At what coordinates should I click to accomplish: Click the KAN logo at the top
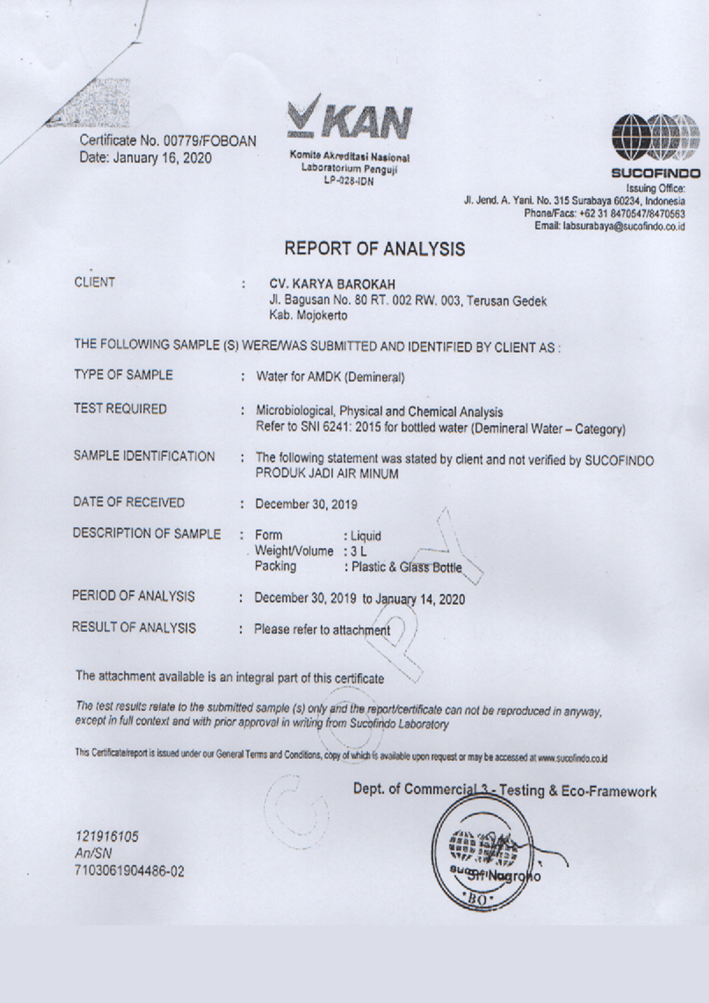point(349,118)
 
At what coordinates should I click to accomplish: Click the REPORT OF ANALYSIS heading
point(375,249)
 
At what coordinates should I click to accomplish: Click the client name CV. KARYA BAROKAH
point(332,284)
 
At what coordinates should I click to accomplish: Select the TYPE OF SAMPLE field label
point(123,375)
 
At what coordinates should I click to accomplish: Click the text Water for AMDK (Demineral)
point(330,377)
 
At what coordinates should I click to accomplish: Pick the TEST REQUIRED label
point(120,409)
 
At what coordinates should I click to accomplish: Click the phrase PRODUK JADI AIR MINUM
point(326,473)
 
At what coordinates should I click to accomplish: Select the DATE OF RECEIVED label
point(129,503)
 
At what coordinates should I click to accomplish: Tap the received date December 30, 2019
point(306,504)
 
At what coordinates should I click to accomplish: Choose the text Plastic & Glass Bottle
point(407,567)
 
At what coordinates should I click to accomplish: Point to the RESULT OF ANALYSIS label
point(134,627)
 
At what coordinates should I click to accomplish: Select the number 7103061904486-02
point(130,871)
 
